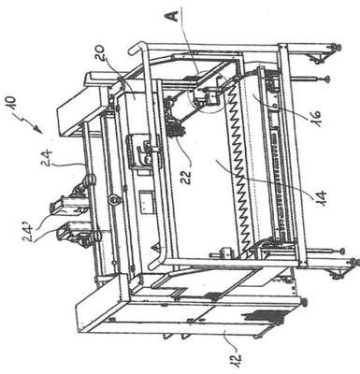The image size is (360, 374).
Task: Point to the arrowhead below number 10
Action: pyautogui.click(x=39, y=129)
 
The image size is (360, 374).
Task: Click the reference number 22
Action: pyautogui.click(x=189, y=176)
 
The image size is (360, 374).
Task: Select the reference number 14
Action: pyautogui.click(x=320, y=196)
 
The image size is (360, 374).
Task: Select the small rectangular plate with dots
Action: pyautogui.click(x=147, y=202)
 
